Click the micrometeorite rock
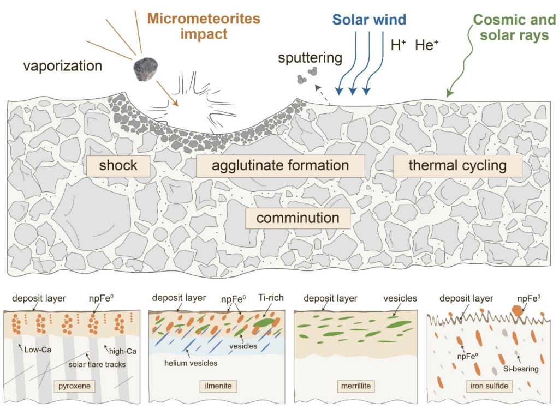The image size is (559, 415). coord(146,69)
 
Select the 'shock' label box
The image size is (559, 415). coord(118,165)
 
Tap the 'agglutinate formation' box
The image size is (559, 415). coord(280,165)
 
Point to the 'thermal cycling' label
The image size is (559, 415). coord(457,165)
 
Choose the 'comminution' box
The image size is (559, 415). coord(298,219)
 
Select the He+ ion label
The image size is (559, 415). coord(426,45)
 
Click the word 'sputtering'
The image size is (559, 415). coord(310,58)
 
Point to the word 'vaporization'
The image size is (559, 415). coord(63,67)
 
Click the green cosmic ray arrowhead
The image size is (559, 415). coord(449,94)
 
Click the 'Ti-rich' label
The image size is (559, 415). coord(269,299)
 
